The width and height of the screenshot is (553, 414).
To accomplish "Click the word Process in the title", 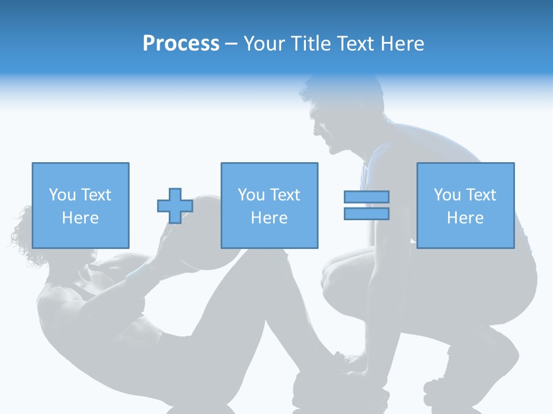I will point(181,44).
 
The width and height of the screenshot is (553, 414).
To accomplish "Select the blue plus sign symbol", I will point(175,206).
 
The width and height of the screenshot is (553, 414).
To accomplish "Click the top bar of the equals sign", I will point(366,197).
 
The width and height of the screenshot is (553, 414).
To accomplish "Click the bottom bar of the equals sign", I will point(366,214).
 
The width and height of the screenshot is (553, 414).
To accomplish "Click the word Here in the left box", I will point(80,218).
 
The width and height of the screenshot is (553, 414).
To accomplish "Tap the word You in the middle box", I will point(251,195).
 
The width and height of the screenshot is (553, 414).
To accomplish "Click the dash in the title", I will point(232,44).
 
